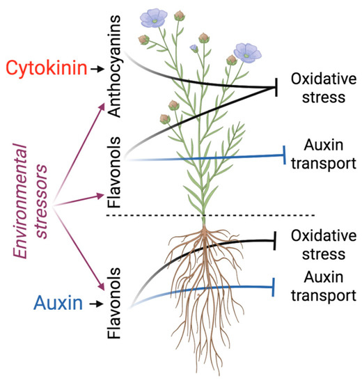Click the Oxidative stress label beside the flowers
pos(317,87)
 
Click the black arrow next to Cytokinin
pos(100,68)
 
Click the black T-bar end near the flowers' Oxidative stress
pos(276,88)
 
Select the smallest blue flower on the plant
pos(194,47)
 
